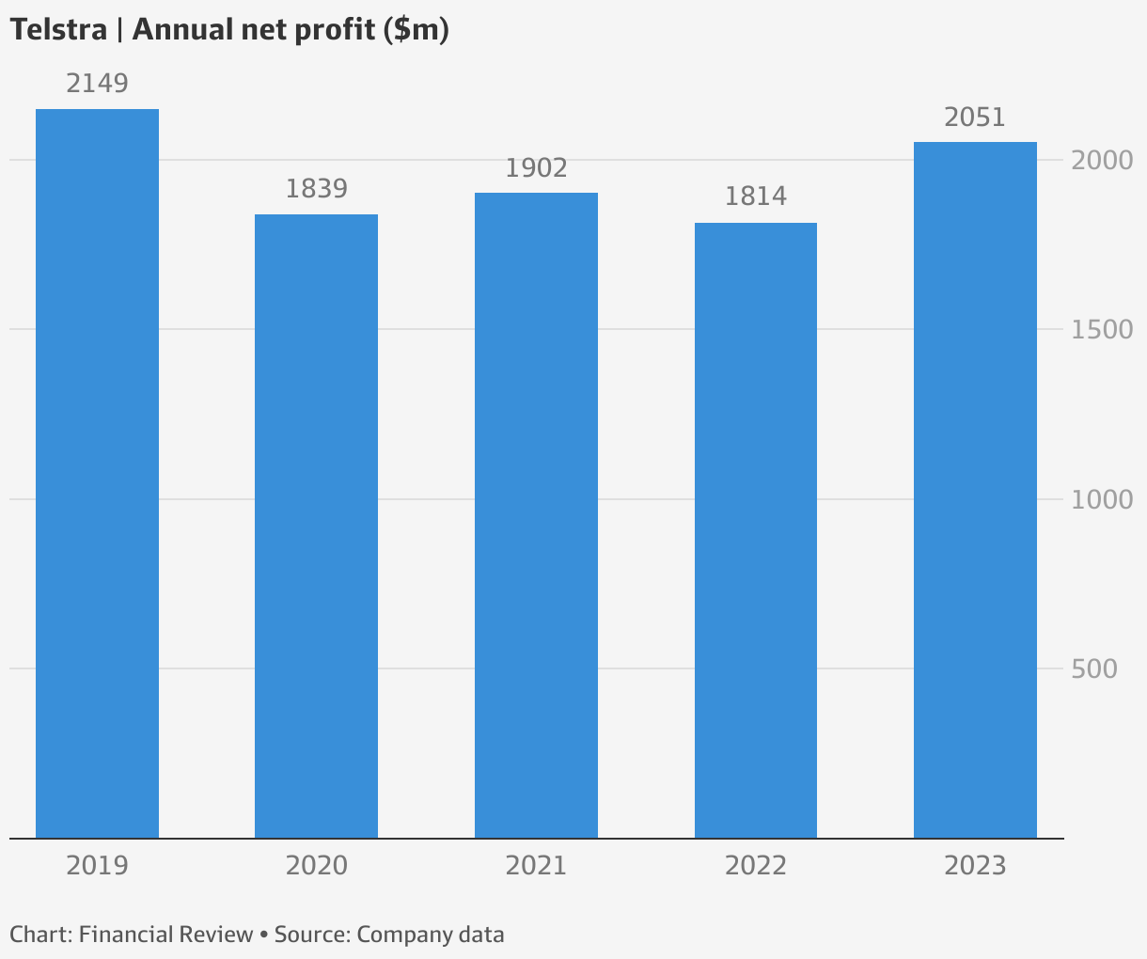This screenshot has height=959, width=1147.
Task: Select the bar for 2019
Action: click(x=97, y=474)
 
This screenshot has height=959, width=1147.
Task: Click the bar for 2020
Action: click(x=317, y=527)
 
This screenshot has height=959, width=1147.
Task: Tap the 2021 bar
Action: click(x=536, y=515)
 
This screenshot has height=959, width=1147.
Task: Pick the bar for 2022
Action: click(x=756, y=530)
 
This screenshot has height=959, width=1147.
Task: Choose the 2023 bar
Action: click(x=975, y=490)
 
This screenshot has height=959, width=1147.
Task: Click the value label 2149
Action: click(x=97, y=84)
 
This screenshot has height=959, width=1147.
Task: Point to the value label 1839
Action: click(x=317, y=189)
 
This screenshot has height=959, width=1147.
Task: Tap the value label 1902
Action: click(x=536, y=168)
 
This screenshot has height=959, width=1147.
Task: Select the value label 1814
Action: click(x=756, y=197)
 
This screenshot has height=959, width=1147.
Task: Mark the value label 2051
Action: click(x=975, y=118)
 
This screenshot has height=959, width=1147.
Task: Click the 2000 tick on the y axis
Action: click(x=1102, y=161)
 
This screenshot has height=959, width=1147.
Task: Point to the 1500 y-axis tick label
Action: click(x=1102, y=330)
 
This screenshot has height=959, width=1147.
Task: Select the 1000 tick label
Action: click(x=1102, y=500)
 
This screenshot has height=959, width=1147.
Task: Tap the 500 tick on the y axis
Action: click(x=1094, y=669)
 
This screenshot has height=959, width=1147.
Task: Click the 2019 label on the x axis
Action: click(x=97, y=866)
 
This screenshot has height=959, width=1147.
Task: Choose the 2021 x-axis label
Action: click(x=536, y=866)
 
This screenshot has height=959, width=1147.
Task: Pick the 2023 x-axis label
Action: click(x=975, y=866)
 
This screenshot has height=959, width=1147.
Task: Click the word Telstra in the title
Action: click(x=59, y=30)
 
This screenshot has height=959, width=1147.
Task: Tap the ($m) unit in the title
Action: click(x=416, y=31)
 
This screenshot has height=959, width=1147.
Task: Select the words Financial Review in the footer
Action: click(x=165, y=935)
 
